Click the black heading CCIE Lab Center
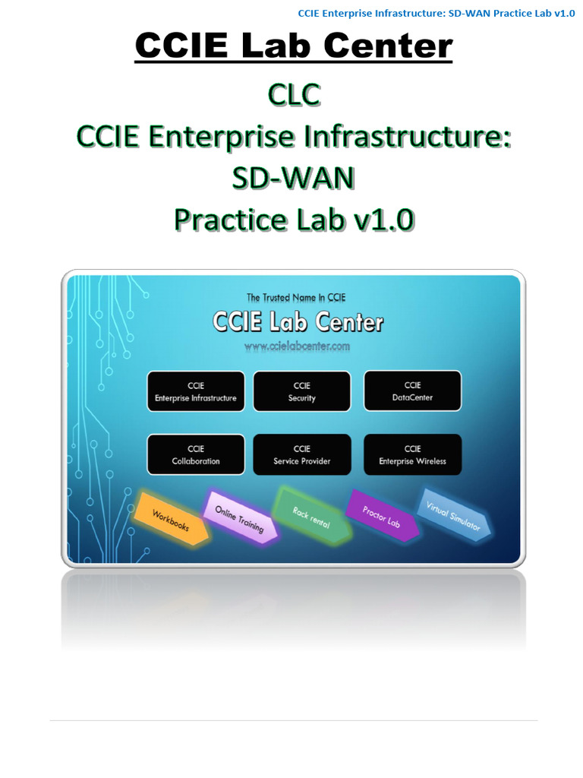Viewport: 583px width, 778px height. click(x=294, y=47)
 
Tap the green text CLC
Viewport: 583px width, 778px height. click(x=294, y=96)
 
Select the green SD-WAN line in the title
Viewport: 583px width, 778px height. click(x=294, y=179)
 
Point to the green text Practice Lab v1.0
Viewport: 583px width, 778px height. click(x=294, y=220)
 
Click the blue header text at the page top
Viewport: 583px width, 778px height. click(x=436, y=13)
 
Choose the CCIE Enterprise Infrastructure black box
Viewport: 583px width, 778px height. click(x=196, y=391)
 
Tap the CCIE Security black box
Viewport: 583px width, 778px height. click(x=301, y=391)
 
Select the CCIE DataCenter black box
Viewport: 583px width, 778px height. click(x=412, y=391)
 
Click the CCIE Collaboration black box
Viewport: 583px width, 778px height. click(x=196, y=454)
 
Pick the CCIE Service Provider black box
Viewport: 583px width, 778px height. click(x=301, y=454)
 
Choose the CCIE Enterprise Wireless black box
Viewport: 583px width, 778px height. click(x=412, y=454)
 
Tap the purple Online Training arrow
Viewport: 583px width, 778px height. click(x=239, y=518)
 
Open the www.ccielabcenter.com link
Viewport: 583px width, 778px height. click(x=297, y=346)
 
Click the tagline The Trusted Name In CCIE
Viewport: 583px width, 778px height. click(x=297, y=297)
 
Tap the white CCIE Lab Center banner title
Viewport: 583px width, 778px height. click(x=297, y=322)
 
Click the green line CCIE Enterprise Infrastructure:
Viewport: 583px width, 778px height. click(x=294, y=138)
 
